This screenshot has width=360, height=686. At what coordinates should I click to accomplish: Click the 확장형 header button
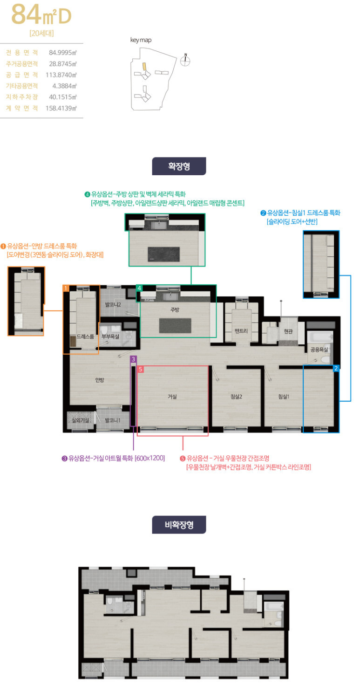tap(179, 166)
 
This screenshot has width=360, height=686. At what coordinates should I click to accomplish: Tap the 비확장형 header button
tap(179, 525)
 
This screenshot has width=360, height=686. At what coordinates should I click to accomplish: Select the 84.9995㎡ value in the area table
tap(63, 53)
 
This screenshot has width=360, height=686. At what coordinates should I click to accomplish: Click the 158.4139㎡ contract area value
tap(61, 108)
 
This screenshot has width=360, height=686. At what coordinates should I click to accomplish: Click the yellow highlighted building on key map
tap(144, 67)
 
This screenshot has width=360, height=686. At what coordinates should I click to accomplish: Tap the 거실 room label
tap(172, 397)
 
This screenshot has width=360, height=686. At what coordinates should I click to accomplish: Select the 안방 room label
tap(100, 380)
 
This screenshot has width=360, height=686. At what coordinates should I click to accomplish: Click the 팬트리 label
tap(241, 331)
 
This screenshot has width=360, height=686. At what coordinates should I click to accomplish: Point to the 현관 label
tap(288, 331)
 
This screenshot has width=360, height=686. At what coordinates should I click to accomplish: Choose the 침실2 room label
tap(236, 397)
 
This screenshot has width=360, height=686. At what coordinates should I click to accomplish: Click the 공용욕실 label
tap(319, 350)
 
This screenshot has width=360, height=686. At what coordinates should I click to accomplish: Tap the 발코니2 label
tap(113, 305)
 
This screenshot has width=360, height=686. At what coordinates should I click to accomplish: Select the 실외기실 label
tap(81, 420)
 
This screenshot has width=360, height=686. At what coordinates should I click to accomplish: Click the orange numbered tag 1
tap(66, 288)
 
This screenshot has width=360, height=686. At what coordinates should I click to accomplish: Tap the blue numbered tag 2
tap(336, 368)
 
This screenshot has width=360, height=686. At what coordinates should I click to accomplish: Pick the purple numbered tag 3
tap(133, 359)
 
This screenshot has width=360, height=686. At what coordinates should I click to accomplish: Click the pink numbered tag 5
tap(141, 370)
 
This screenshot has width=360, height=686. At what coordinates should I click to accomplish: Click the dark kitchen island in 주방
tap(175, 326)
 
